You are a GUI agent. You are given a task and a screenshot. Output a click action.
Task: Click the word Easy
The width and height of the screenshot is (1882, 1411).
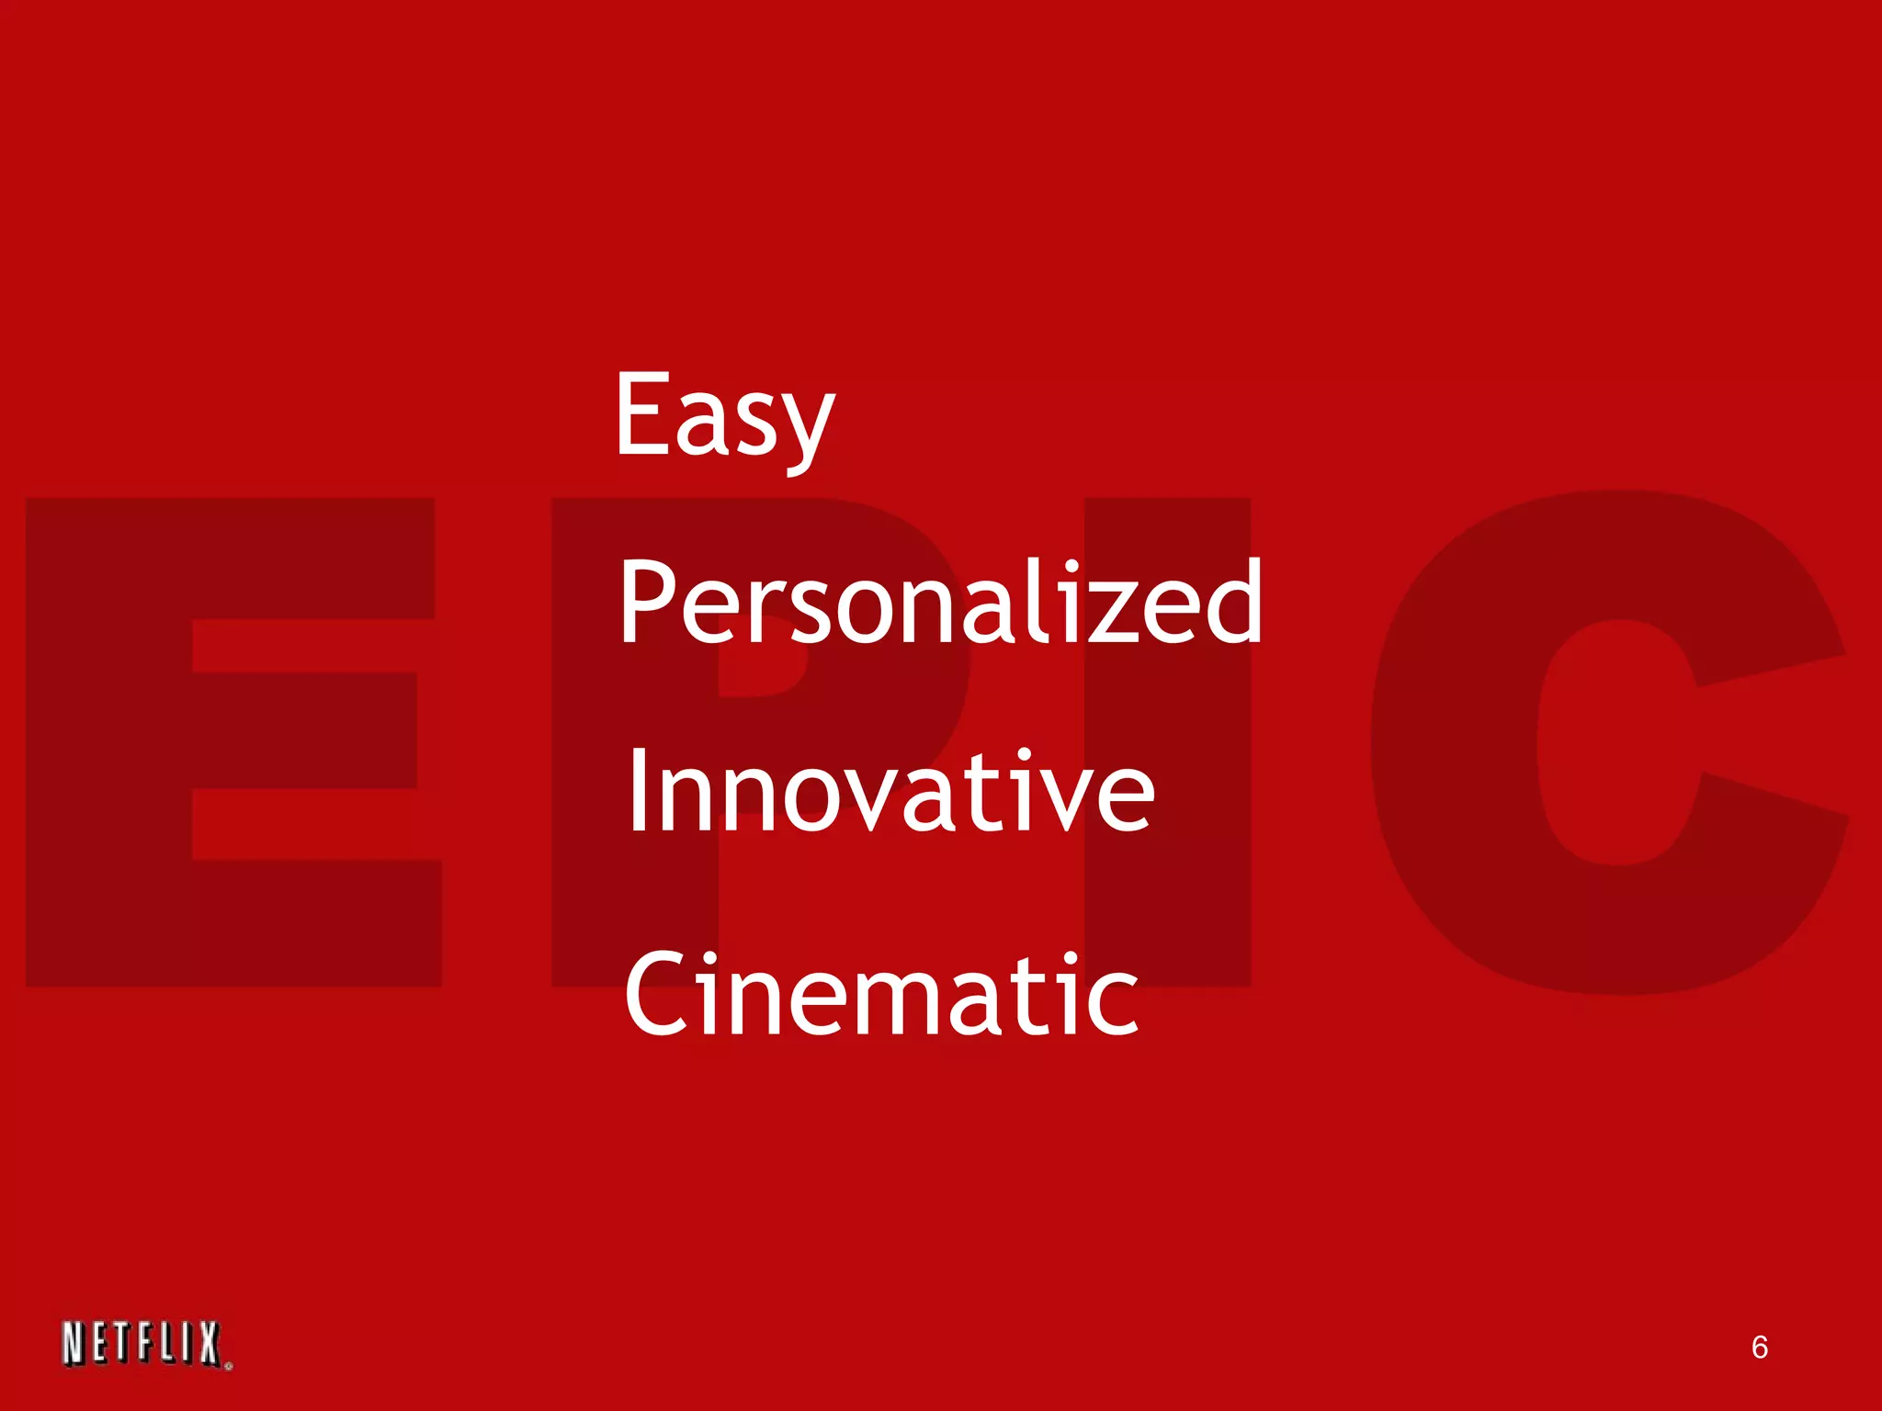coord(724,415)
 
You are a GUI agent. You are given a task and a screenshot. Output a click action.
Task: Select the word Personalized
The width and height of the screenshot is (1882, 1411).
coord(940,603)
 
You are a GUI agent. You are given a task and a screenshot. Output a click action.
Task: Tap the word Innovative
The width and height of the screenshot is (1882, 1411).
coord(890,792)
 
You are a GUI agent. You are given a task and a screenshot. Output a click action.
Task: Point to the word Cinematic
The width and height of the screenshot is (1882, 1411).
coord(881,995)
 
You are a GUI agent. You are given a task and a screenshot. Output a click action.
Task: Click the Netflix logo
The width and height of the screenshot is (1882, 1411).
coord(143,1345)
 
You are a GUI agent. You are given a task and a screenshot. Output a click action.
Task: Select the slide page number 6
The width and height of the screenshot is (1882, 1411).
coord(1759,1347)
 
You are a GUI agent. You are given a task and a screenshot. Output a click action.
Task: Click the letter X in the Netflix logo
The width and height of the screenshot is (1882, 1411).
coord(210,1345)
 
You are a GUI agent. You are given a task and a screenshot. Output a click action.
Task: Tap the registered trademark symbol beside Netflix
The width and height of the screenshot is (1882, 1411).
coord(228,1366)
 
